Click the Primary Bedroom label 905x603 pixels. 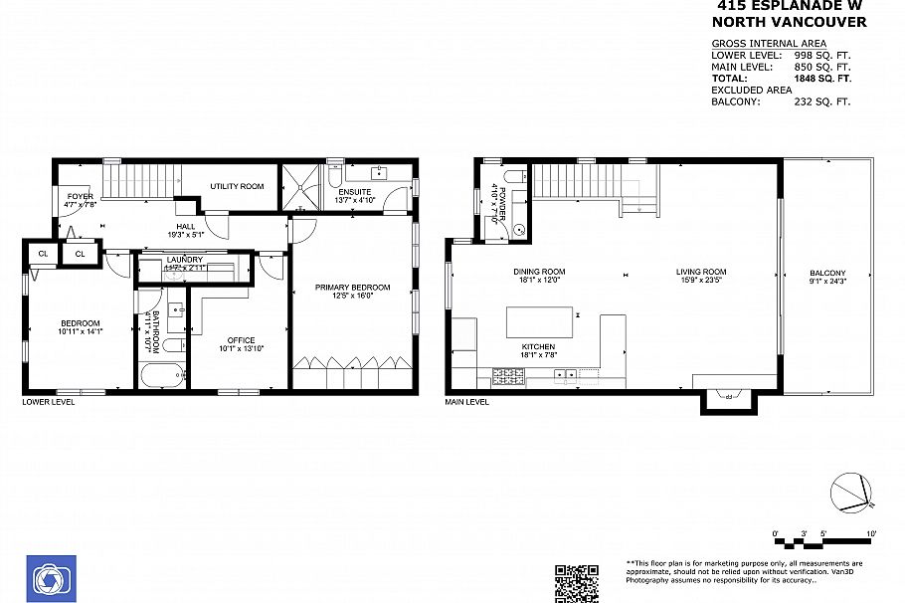pos(352,288)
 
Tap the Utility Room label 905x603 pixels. pos(237,186)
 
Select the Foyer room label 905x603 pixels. pos(81,197)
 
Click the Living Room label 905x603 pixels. pos(701,272)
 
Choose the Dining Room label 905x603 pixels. pos(539,272)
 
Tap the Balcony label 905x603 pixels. pos(827,274)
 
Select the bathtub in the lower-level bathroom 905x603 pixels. pos(162,377)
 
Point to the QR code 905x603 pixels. pos(577,583)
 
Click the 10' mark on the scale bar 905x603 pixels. pos(871,534)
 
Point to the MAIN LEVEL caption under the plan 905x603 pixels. pos(467,402)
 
